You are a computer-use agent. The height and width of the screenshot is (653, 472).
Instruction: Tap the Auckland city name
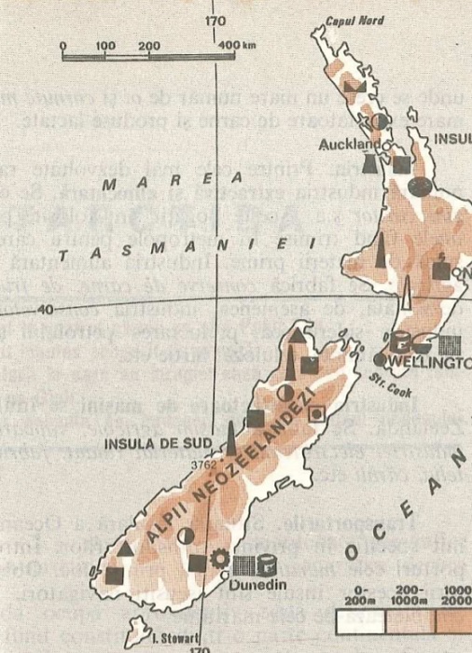tap(351, 145)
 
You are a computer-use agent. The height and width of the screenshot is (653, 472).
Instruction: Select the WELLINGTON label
tap(434, 359)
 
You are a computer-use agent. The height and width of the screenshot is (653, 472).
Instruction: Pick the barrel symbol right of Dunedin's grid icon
tap(268, 563)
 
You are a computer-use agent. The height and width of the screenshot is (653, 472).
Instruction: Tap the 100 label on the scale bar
tap(105, 45)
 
